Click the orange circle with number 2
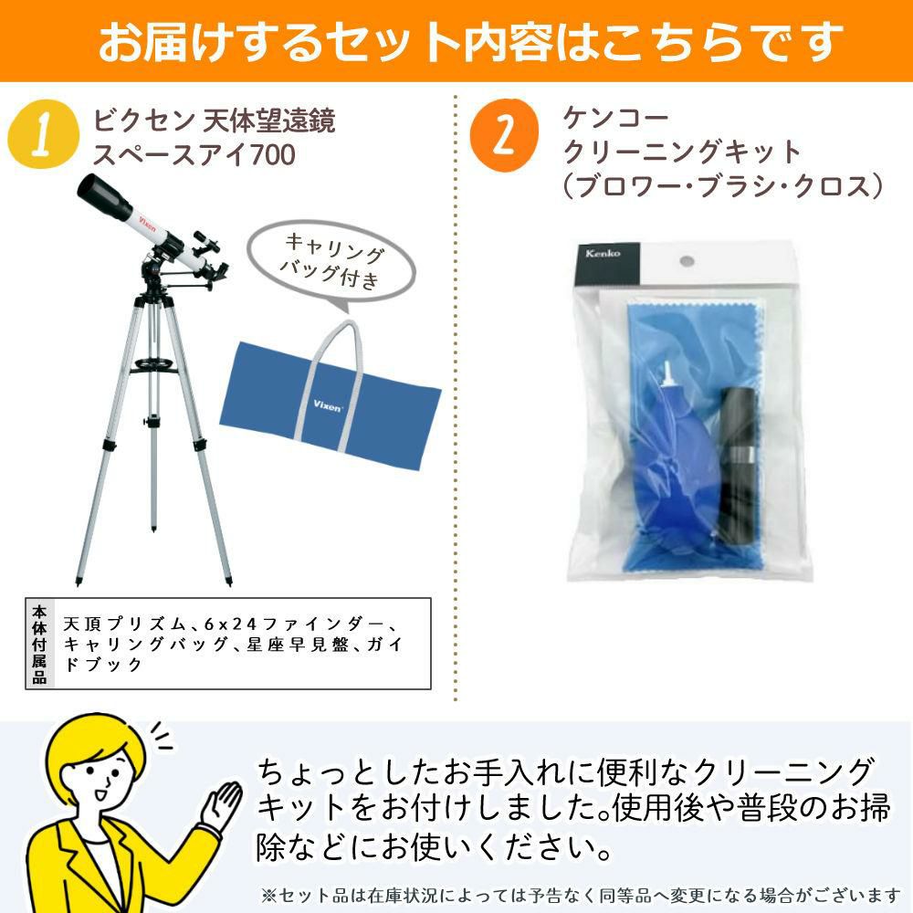point(504,134)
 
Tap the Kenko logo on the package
point(603,253)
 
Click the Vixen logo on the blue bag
point(327,405)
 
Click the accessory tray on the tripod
point(152,366)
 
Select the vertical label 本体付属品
point(39,644)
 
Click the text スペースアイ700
point(194,155)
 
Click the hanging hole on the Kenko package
point(687,261)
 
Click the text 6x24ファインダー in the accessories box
point(294,624)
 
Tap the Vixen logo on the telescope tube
point(147,223)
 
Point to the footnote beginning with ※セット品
point(581,895)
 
